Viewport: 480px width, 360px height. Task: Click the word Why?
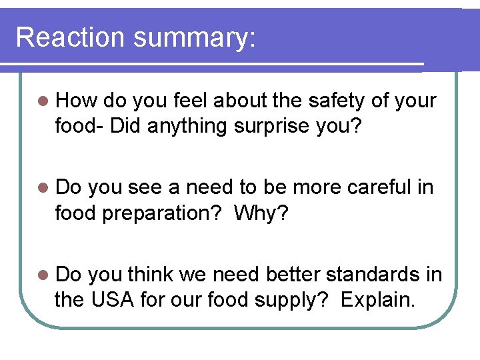click(265, 213)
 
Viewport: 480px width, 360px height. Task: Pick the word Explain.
click(377, 300)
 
